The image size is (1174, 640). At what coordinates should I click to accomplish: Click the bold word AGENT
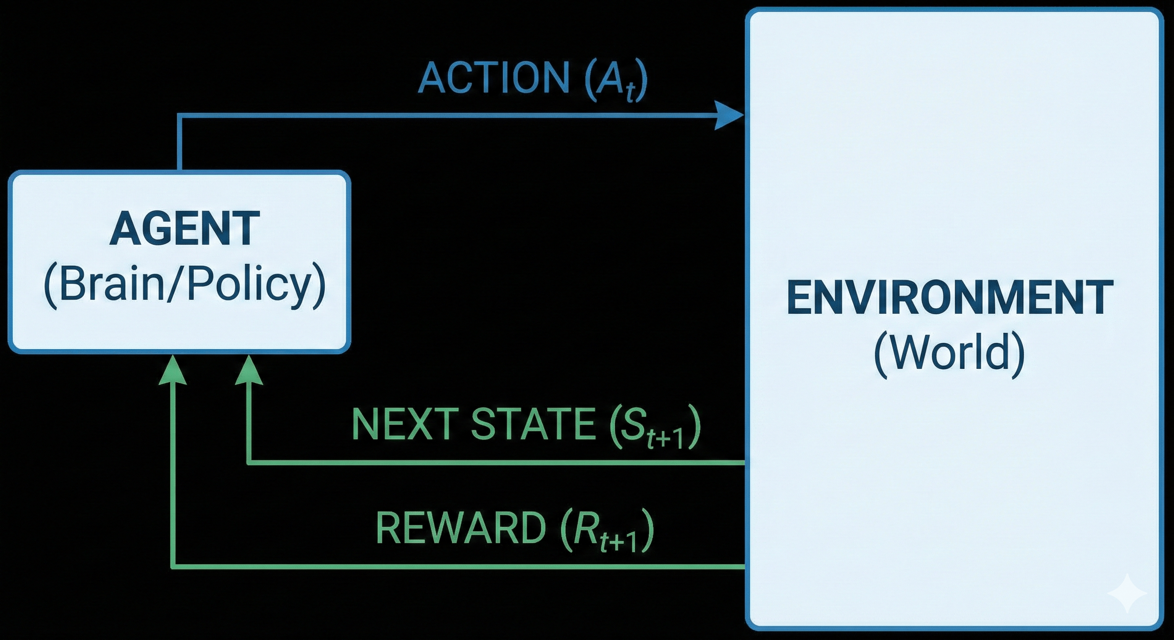[185, 229]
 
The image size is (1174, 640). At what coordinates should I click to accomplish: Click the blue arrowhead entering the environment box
[728, 116]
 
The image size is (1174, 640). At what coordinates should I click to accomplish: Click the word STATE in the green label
[533, 425]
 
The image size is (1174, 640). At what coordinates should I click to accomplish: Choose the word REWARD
[460, 528]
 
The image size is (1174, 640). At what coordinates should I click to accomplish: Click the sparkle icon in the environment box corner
[1126, 592]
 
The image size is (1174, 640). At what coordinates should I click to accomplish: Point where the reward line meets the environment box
[745, 566]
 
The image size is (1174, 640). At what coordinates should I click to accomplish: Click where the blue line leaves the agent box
[180, 171]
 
